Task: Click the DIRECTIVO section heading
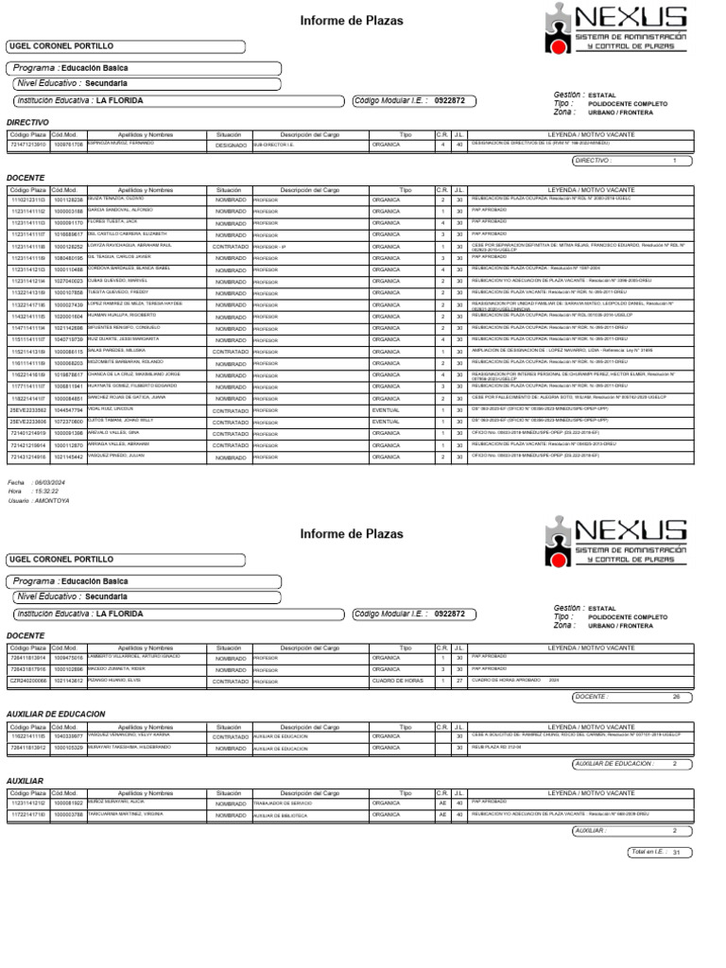pos(26,122)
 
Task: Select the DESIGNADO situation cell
pos(230,146)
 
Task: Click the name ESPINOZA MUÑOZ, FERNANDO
pos(129,144)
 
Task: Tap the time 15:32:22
pos(45,492)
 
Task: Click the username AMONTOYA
pos(53,500)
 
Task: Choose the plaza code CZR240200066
pos(28,680)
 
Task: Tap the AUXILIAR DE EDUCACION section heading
pos(56,714)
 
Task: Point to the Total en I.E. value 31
pos(676,853)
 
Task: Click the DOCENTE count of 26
pos(676,697)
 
